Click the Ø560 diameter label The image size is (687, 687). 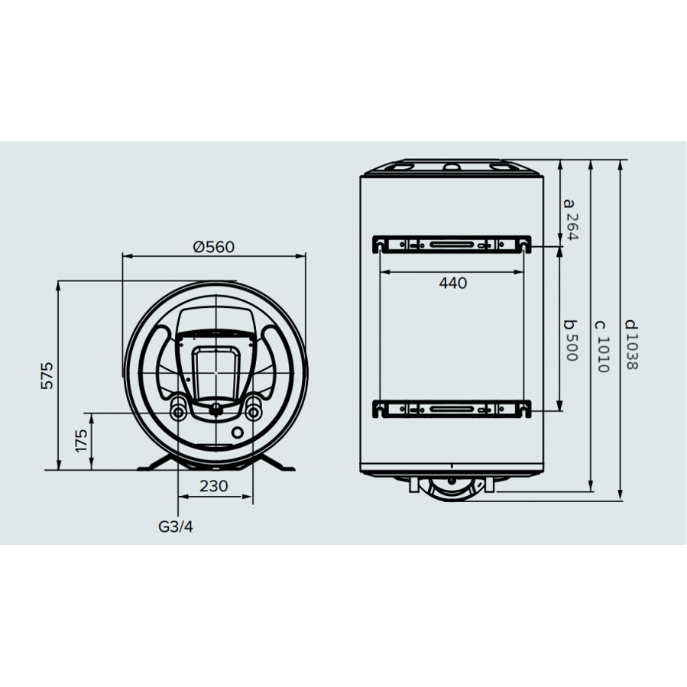click(214, 247)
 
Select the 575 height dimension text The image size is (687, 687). click(48, 375)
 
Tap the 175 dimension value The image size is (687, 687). click(82, 441)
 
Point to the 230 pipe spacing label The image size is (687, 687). click(214, 485)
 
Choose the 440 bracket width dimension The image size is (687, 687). click(452, 283)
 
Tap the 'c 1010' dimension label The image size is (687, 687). click(602, 344)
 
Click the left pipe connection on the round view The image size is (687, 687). click(178, 413)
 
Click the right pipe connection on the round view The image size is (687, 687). click(252, 413)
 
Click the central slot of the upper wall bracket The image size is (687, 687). click(452, 245)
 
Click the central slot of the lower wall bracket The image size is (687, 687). click(452, 410)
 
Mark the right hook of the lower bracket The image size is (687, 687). click(524, 409)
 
